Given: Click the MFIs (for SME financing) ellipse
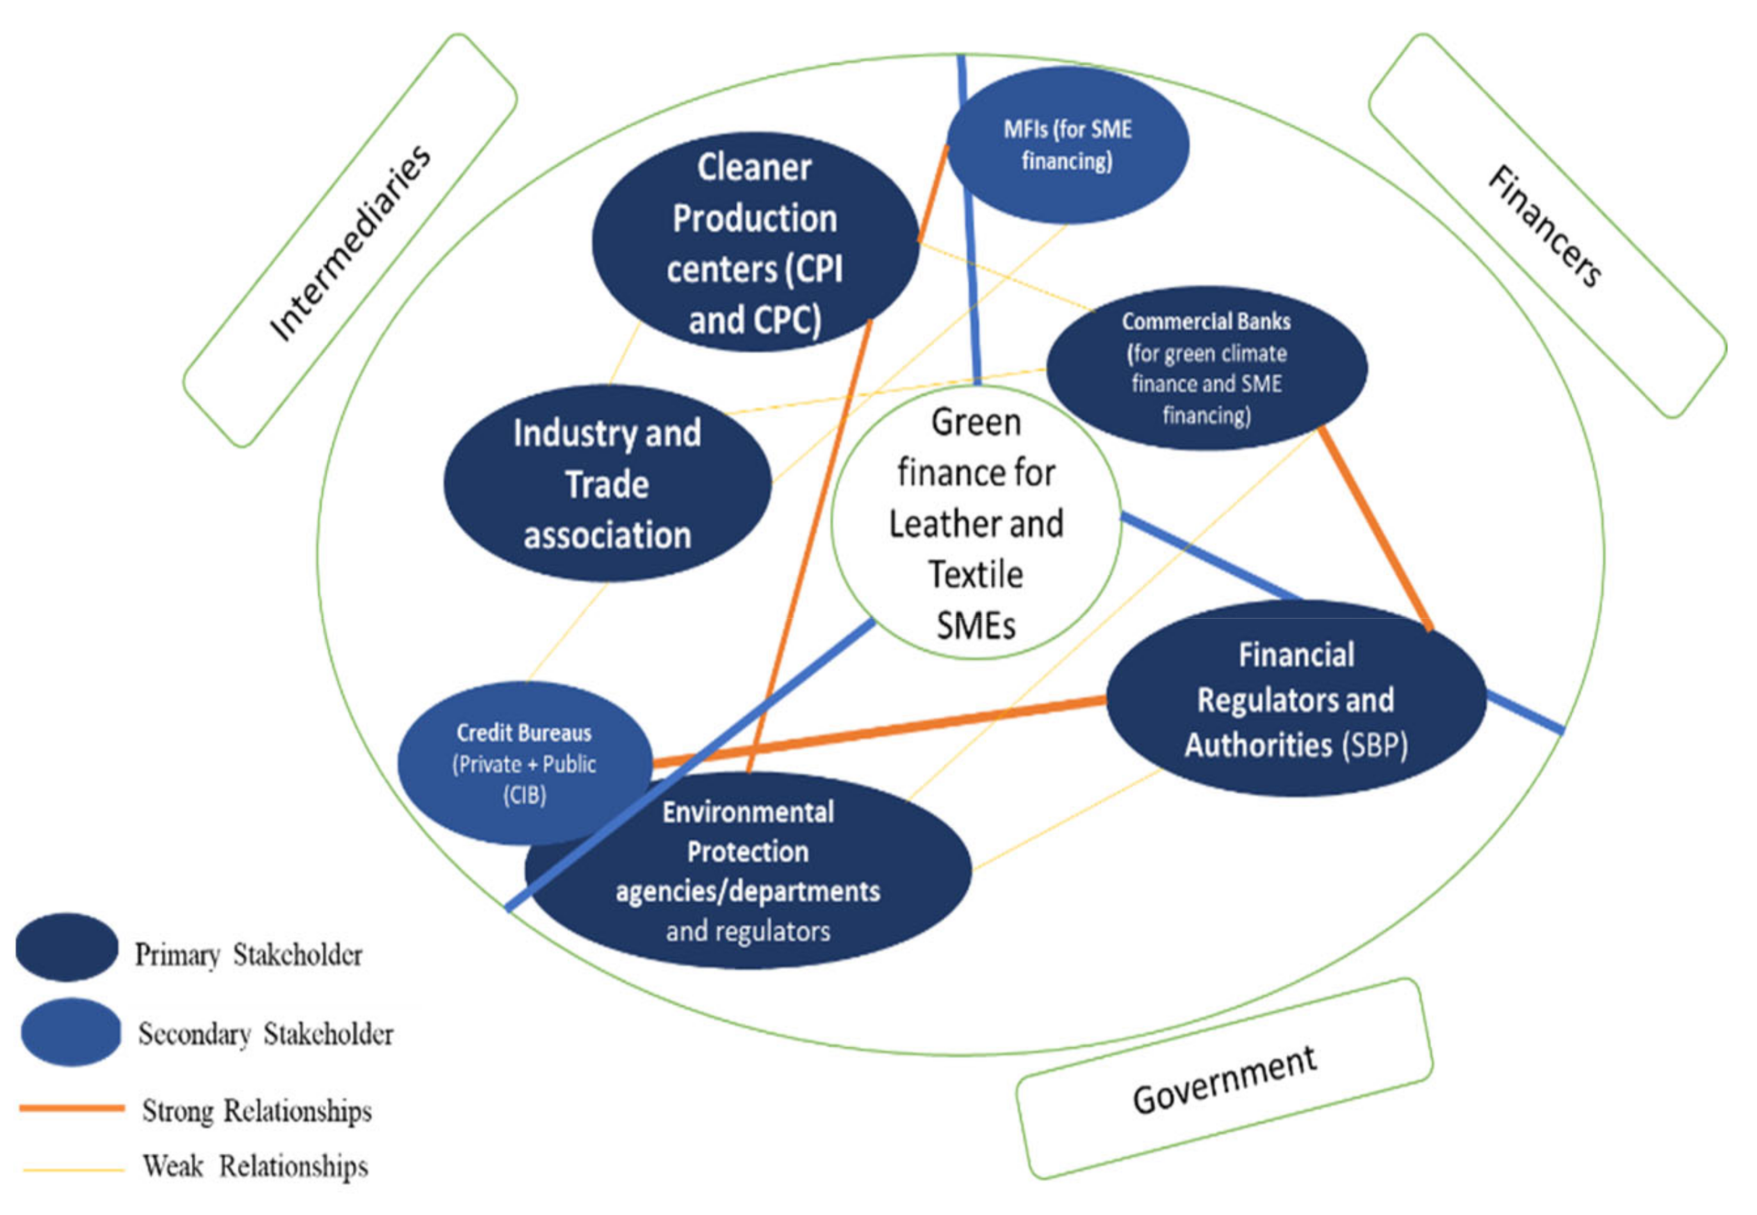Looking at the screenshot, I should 1068,145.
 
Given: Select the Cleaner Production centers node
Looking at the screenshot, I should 754,242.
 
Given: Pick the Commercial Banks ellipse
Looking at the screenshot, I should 1207,368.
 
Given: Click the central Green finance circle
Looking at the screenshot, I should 975,522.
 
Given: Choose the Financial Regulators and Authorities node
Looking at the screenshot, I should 1296,699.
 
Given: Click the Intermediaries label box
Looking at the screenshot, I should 350,241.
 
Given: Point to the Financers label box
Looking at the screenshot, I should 1546,226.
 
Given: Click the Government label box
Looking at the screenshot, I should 1224,1079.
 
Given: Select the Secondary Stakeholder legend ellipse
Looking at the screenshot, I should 71,1031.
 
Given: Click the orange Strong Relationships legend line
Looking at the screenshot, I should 72,1108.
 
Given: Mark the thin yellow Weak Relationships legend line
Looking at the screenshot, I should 74,1169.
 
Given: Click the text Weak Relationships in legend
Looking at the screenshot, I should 256,1166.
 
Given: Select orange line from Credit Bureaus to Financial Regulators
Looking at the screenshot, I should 876,731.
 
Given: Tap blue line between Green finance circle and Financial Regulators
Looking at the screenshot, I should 1211,557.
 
